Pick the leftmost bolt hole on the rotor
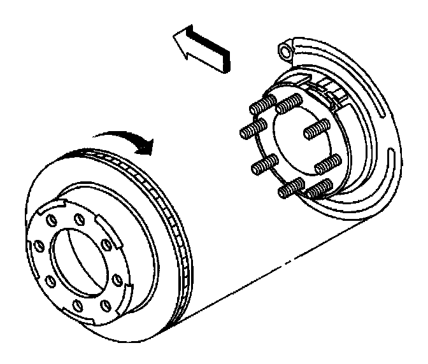[35, 244]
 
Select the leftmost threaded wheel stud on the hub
[249, 132]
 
